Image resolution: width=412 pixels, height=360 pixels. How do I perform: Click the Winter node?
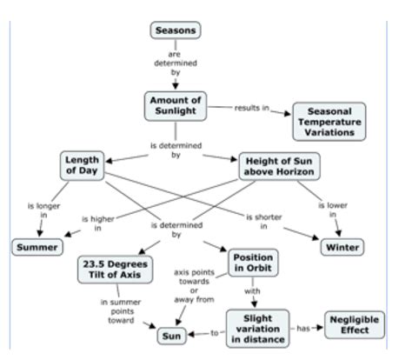342,247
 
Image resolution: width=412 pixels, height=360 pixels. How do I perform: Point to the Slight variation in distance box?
256,326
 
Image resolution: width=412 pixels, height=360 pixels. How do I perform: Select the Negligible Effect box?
355,325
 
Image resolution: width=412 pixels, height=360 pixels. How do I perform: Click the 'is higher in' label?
97,223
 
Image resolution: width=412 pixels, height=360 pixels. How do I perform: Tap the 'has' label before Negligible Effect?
303,328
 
